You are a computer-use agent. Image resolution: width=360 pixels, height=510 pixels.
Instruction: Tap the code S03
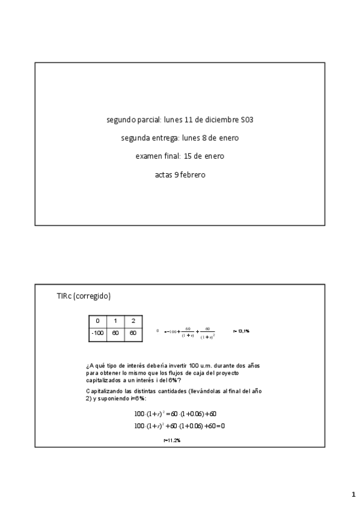point(246,120)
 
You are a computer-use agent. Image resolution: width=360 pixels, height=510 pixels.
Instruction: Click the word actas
point(163,175)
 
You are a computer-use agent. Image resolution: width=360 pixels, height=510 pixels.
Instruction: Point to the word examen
point(148,156)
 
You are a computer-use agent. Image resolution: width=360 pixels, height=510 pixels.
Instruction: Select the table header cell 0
point(98,321)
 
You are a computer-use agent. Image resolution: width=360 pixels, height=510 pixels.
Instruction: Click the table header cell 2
point(133,321)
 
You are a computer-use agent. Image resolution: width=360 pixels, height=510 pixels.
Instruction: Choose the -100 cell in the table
point(98,332)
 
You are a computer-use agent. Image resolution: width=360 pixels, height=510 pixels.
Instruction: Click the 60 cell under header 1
point(115,332)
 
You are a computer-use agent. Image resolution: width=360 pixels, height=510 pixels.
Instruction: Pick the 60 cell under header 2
point(133,332)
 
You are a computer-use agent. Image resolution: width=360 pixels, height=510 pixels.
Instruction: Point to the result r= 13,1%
point(241,331)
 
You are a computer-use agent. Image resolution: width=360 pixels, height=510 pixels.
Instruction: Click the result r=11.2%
point(172,440)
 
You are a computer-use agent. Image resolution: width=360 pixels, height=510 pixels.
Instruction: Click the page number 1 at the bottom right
point(353,494)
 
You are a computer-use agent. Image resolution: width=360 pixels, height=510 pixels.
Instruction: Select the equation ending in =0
point(179,426)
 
